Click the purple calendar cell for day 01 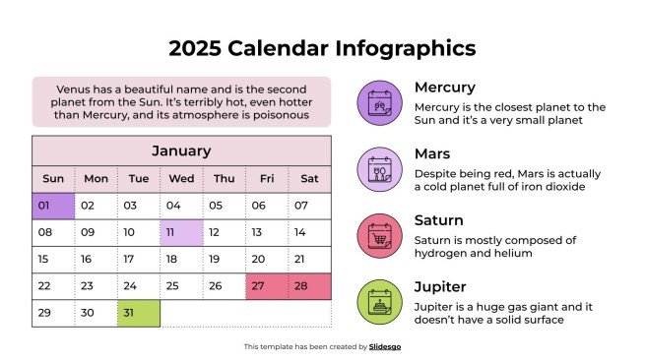pyautogui.click(x=54, y=206)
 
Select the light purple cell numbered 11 pyautogui.click(x=181, y=233)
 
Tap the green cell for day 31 pyautogui.click(x=139, y=314)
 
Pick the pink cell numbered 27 pyautogui.click(x=267, y=286)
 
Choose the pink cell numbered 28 pyautogui.click(x=310, y=286)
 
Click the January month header pyautogui.click(x=181, y=151)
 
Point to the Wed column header pyautogui.click(x=181, y=178)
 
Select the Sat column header pyautogui.click(x=309, y=178)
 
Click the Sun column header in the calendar pyautogui.click(x=53, y=178)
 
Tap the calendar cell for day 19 pyautogui.click(x=181, y=260)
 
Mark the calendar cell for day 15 pyautogui.click(x=53, y=260)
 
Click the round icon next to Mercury pyautogui.click(x=379, y=102)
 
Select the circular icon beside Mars pyautogui.click(x=379, y=169)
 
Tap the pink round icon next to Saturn pyautogui.click(x=379, y=235)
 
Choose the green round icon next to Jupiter pyautogui.click(x=379, y=302)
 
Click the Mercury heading pyautogui.click(x=444, y=88)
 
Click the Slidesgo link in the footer pyautogui.click(x=385, y=346)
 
